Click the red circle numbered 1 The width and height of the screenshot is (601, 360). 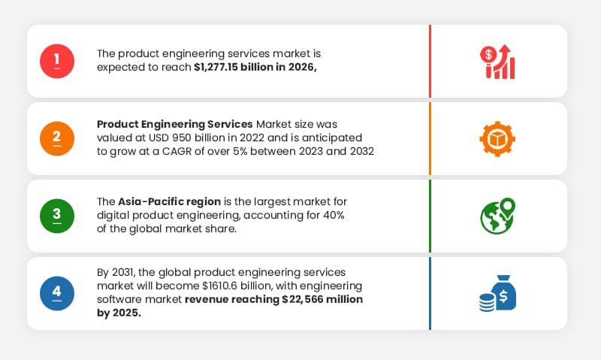coord(57,61)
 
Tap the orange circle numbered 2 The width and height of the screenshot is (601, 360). coord(57,138)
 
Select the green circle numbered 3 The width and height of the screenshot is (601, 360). coord(57,216)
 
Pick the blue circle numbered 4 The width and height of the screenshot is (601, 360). coord(57,293)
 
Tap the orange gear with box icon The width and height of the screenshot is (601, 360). coord(497,138)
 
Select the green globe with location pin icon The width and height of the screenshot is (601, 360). coord(497,216)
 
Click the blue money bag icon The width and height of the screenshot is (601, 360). coord(497,293)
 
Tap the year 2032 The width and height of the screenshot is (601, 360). coord(360,151)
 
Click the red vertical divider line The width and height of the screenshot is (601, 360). coord(430,61)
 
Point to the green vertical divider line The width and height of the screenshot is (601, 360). coord(430,216)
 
